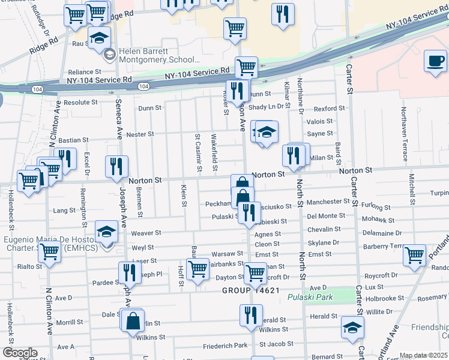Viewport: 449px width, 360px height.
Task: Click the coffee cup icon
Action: click(x=436, y=61)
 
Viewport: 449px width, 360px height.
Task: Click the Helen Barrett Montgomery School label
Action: click(x=159, y=55)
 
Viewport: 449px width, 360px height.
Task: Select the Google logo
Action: click(x=19, y=353)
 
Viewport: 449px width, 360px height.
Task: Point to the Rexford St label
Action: click(x=329, y=109)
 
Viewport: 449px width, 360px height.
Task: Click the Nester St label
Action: click(x=141, y=134)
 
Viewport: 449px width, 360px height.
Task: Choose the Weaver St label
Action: click(x=146, y=232)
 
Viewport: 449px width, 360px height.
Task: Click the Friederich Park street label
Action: click(x=225, y=345)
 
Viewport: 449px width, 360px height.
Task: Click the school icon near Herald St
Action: click(x=352, y=328)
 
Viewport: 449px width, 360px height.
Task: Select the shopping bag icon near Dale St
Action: click(x=133, y=321)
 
